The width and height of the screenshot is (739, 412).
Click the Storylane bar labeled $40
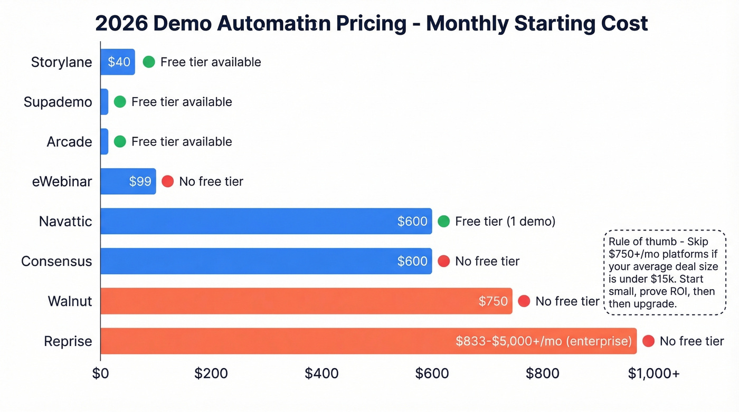pos(118,62)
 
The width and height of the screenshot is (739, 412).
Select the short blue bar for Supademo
pos(105,102)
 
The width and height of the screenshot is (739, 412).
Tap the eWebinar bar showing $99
pos(128,181)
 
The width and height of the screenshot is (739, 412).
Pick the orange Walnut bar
pos(306,301)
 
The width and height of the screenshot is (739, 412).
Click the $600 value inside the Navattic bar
pos(412,222)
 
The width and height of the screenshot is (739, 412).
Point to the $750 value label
pos(493,301)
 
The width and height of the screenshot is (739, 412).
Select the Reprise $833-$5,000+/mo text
pos(544,341)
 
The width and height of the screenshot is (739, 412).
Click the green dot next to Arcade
pos(120,141)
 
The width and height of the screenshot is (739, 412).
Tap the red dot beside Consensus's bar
pos(444,261)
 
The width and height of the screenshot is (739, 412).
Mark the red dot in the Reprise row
pos(648,341)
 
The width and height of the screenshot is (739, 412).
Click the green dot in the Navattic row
pos(444,222)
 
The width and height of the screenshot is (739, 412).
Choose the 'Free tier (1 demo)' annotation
pos(505,222)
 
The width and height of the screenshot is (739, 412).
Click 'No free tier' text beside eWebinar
pos(211,181)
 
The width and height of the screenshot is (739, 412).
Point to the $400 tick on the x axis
pos(321,373)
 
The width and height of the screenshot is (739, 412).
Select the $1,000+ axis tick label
pos(653,373)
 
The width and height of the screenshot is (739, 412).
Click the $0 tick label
pos(100,373)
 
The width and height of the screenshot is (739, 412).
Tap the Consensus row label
pos(56,261)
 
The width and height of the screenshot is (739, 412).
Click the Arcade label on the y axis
pos(70,141)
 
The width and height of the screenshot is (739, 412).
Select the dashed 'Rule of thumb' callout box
pos(664,272)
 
